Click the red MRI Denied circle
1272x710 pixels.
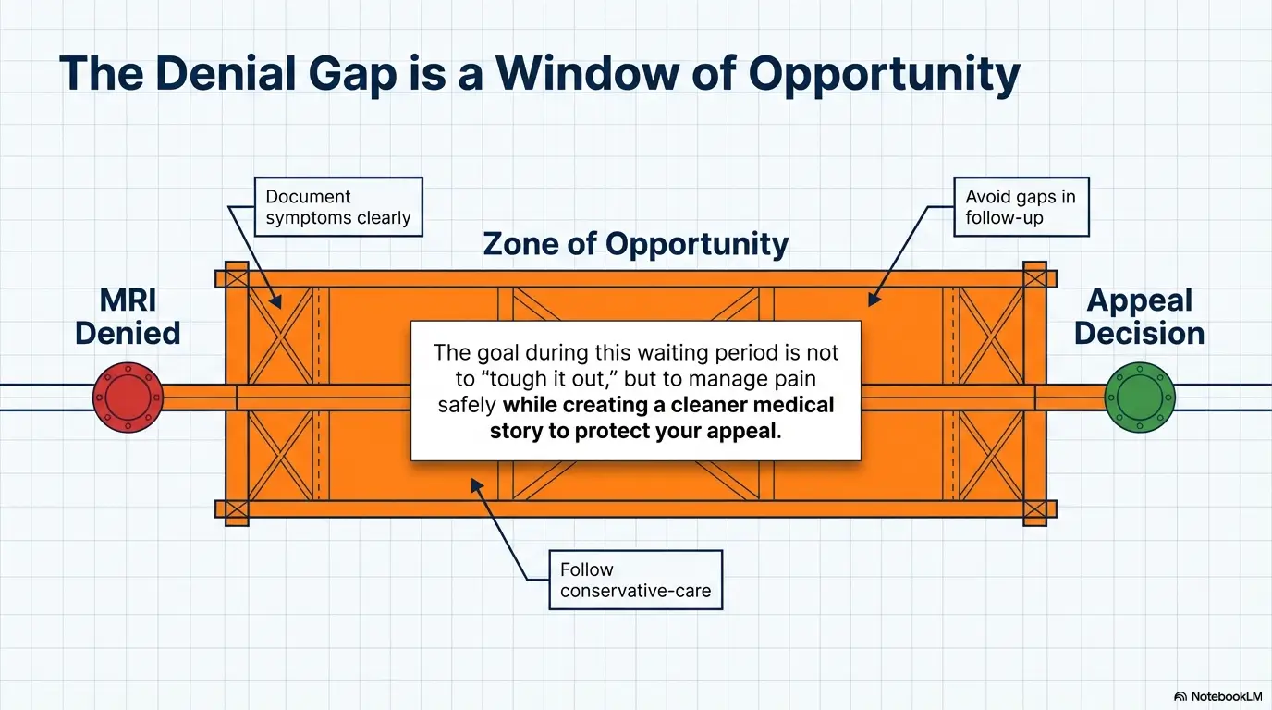(128, 397)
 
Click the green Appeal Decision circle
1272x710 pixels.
(1140, 397)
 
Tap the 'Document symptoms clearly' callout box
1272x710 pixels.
(338, 207)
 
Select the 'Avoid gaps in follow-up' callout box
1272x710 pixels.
(1021, 207)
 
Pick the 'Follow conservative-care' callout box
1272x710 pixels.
(635, 580)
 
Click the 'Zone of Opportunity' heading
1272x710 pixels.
(635, 244)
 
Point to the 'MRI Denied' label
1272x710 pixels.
(128, 316)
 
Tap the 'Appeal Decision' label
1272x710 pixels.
(1139, 316)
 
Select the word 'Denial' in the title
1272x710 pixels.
(226, 73)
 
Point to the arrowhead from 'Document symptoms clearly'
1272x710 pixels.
(276, 301)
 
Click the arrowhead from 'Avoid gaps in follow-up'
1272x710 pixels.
(874, 299)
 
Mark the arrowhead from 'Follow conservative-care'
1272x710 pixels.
(476, 485)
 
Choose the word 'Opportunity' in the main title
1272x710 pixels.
(884, 74)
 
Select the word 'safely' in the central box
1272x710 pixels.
(467, 406)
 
